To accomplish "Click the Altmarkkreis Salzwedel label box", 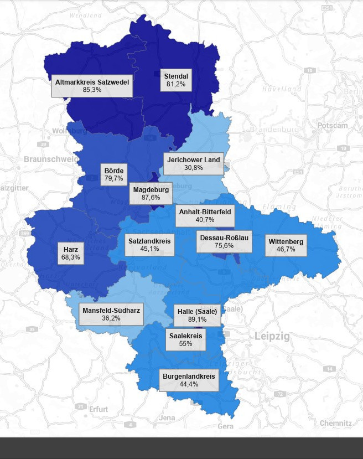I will [x=92, y=85].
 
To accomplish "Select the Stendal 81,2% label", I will [x=176, y=80].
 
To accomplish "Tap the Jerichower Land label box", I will [x=193, y=164].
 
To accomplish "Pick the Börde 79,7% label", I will [x=114, y=174].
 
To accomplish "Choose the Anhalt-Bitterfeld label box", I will [x=204, y=215].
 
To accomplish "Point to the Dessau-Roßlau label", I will [x=224, y=242].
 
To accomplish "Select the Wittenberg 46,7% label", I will [x=286, y=245].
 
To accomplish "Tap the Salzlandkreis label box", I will [x=149, y=245].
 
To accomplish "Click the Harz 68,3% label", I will [x=71, y=254].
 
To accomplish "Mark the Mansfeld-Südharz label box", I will [x=111, y=314].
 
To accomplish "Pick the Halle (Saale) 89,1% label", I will [x=197, y=314].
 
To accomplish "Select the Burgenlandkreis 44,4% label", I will [x=189, y=380].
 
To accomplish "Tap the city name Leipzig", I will [x=272, y=336].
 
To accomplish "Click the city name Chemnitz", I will [x=335, y=423].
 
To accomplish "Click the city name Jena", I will [x=167, y=417].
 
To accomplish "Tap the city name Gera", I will [x=225, y=426].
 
